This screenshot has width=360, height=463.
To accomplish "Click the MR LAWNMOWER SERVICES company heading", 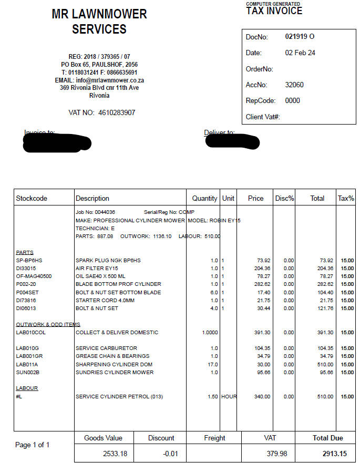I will tap(99, 22).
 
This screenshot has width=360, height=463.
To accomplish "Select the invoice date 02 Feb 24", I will tap(300, 53).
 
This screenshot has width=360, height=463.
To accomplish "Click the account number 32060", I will tap(294, 85).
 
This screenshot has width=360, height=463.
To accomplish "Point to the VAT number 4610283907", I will tap(117, 112).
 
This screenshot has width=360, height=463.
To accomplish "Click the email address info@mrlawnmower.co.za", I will tap(99, 80).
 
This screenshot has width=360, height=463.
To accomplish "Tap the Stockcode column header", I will tap(32, 199).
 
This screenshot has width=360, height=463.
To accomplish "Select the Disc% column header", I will tap(284, 199).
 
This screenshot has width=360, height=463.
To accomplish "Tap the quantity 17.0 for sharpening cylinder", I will tap(213, 364).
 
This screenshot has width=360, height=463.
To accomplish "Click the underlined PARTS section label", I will tap(25, 252).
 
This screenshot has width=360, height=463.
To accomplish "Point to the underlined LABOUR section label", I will tap(27, 388).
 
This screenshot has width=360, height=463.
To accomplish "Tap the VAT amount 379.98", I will tap(276, 453).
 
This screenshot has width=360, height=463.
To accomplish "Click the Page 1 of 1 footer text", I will tap(33, 445).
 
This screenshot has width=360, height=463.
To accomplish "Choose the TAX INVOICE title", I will tap(274, 11).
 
